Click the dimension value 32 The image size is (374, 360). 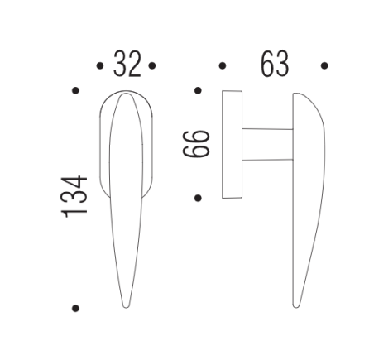click(x=127, y=65)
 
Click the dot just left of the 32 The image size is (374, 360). click(x=100, y=65)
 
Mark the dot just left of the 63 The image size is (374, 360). click(x=222, y=65)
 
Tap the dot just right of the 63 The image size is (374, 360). click(x=325, y=65)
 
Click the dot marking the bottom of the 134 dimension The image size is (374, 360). click(x=75, y=309)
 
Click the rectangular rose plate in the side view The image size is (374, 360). click(x=231, y=145)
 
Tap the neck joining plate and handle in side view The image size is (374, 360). click(x=267, y=143)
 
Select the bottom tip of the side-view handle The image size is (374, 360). click(x=296, y=307)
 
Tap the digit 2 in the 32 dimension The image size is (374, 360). click(x=134, y=65)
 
